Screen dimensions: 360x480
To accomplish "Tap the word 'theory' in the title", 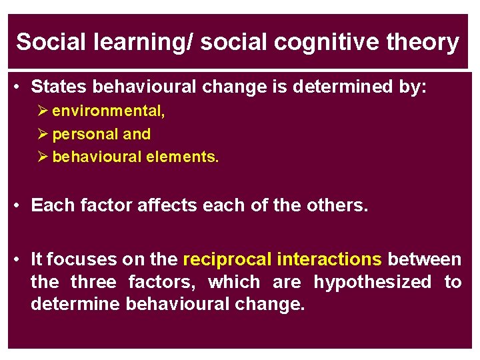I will [426, 43].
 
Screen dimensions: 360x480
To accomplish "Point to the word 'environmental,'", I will [109, 111].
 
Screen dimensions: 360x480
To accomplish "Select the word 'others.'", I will [337, 205].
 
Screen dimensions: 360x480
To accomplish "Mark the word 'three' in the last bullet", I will [93, 282].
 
